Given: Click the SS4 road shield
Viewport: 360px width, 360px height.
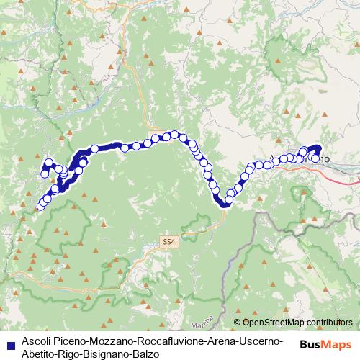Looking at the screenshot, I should (168, 243).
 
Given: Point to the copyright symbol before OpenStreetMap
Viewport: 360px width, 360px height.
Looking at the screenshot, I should (238, 323).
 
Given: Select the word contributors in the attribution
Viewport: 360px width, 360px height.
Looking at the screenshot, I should (330, 323).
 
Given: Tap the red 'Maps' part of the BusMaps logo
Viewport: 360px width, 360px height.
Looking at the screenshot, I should (337, 344).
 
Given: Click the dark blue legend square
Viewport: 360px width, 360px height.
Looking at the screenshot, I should (9, 343).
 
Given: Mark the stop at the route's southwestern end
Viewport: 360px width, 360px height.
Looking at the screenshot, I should (40, 207).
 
